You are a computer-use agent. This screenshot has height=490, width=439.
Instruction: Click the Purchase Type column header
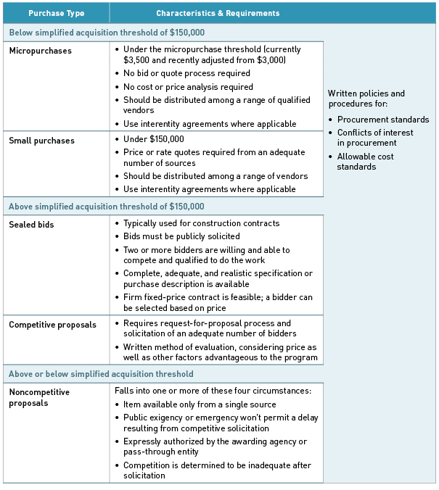[56, 13]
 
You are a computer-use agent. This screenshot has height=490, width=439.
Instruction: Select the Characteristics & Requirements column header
[218, 13]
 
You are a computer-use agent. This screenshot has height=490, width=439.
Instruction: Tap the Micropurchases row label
[40, 51]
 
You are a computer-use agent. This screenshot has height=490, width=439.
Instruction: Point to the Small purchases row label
[41, 141]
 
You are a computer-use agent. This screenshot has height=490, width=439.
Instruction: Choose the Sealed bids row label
[31, 225]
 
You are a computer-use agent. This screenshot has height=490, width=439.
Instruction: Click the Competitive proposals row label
[52, 325]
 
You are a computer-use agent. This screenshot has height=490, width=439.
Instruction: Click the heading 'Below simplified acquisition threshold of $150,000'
[107, 33]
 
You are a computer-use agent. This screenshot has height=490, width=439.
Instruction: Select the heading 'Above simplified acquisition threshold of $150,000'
[107, 207]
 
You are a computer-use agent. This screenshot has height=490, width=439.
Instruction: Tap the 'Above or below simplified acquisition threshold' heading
[101, 374]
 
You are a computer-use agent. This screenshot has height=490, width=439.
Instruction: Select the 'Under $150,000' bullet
[153, 139]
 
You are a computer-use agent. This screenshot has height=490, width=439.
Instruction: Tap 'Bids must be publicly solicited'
[181, 236]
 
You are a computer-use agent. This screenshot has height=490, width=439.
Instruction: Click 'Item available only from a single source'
[200, 404]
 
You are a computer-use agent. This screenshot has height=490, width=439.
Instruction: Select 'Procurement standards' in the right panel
[383, 120]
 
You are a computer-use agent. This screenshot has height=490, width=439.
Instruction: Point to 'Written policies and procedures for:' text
[366, 99]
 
